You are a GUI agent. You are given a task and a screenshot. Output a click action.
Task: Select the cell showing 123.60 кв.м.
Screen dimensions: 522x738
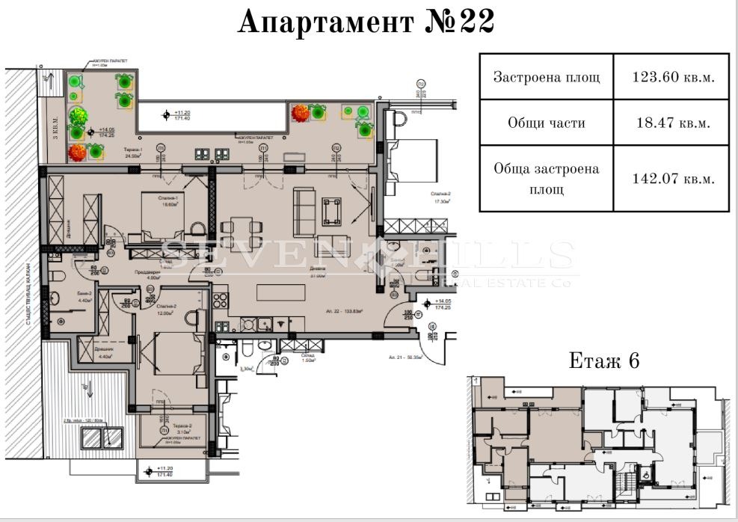click(671, 77)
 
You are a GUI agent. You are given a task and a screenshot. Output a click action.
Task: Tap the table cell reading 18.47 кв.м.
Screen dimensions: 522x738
click(671, 123)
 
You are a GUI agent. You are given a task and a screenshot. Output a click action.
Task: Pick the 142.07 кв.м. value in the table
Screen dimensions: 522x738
click(671, 179)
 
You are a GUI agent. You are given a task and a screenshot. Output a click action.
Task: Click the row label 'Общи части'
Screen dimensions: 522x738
click(546, 123)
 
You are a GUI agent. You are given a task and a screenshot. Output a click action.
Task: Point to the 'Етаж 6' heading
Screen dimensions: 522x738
click(604, 360)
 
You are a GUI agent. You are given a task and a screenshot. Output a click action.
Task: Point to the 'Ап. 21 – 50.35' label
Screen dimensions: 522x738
click(406, 357)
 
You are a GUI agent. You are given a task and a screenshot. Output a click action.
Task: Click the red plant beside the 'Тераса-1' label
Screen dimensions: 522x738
click(76, 152)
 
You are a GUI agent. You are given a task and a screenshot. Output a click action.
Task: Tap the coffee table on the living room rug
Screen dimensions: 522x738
click(331, 210)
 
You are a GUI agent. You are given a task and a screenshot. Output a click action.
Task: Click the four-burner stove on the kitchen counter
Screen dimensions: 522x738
click(221, 302)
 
